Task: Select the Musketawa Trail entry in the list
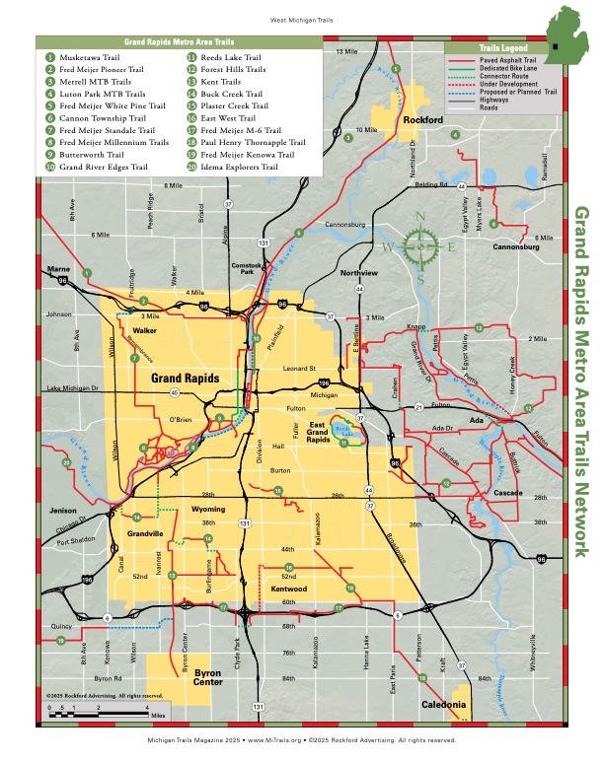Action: click(84, 58)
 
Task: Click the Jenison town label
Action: click(61, 511)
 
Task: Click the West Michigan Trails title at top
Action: click(302, 19)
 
